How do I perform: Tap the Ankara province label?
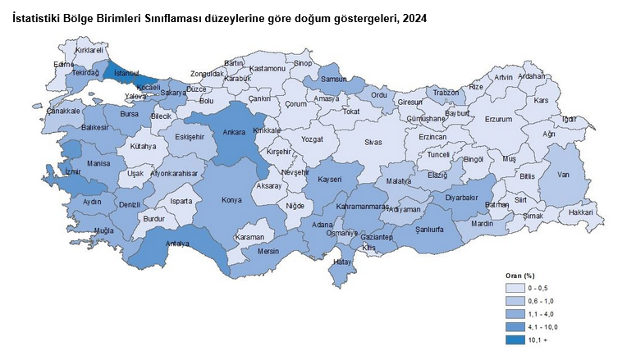pyautogui.click(x=236, y=131)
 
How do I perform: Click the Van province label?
pyautogui.click(x=563, y=174)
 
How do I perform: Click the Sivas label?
pyautogui.click(x=373, y=142)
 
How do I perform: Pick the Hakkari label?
pyautogui.click(x=580, y=212)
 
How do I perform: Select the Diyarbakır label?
pyautogui.click(x=461, y=197)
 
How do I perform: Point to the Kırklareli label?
pyautogui.click(x=91, y=50)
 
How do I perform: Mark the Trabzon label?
pyautogui.click(x=446, y=93)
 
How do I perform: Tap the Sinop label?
pyautogui.click(x=304, y=63)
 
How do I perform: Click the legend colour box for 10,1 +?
pyautogui.click(x=515, y=339)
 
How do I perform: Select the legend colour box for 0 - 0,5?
pyautogui.click(x=515, y=289)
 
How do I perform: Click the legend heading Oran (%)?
pyautogui.click(x=522, y=276)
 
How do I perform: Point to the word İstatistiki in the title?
pyautogui.click(x=39, y=17)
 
